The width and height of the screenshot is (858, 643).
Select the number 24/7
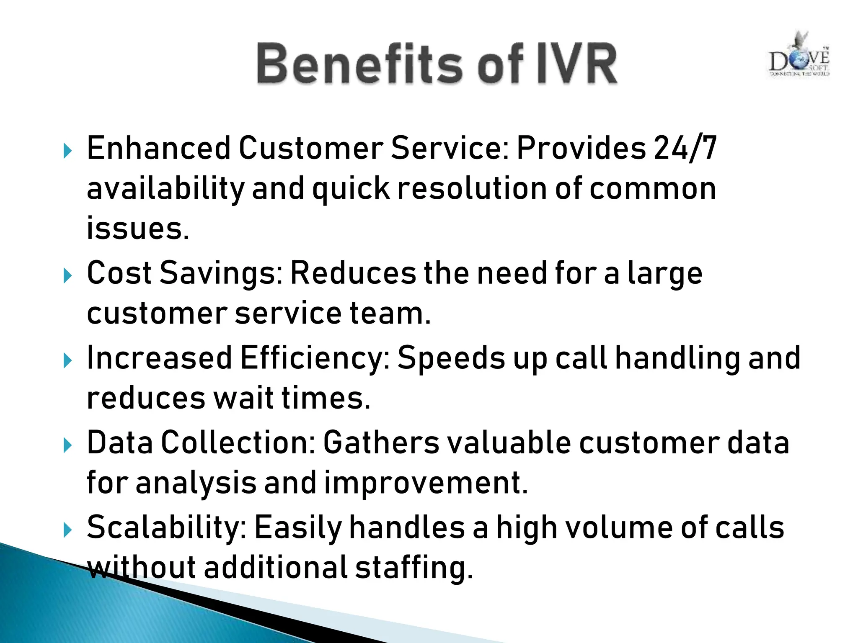[685, 148]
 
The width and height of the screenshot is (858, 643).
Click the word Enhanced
[158, 148]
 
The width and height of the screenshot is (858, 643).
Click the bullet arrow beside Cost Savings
[67, 276]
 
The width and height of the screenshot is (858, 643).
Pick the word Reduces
[353, 273]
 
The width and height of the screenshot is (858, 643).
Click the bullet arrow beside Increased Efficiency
[67, 360]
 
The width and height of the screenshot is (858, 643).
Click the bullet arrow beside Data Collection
[67, 445]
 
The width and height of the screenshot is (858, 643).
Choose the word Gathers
[381, 442]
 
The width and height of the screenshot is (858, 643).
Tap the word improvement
[426, 483]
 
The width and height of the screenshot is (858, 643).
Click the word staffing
[414, 568]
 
